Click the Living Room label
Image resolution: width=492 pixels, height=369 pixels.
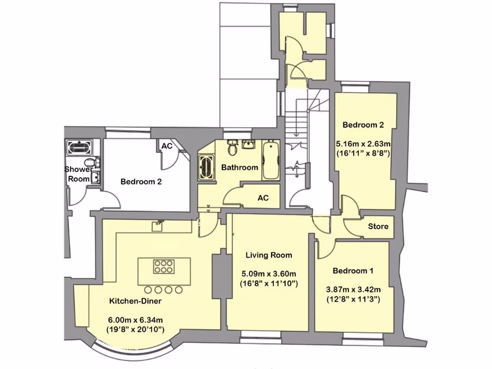[x=269, y=255]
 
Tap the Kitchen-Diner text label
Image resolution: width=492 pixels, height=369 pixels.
[x=135, y=301]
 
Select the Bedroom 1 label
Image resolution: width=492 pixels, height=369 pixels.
[x=353, y=271]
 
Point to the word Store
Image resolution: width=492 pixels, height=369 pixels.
[x=378, y=226]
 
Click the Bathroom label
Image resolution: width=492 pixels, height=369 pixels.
[x=239, y=168]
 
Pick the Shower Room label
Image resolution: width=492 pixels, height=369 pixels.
[x=78, y=174]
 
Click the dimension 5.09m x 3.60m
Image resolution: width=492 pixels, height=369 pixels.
[x=269, y=274]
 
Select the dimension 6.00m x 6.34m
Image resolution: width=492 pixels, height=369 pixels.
[x=135, y=320]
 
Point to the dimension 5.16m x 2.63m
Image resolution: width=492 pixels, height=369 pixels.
[x=363, y=144]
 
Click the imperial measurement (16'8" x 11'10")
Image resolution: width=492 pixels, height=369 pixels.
[x=269, y=283]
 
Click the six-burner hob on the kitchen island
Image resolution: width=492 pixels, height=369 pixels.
[x=163, y=267]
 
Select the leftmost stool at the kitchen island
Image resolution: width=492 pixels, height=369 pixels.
[x=148, y=290]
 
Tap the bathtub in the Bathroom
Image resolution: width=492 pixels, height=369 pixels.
[x=271, y=160]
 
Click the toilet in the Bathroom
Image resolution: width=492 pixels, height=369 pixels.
[x=233, y=148]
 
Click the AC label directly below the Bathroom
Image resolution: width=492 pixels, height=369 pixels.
[x=263, y=198]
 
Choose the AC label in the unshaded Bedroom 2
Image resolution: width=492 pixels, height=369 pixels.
[x=167, y=146]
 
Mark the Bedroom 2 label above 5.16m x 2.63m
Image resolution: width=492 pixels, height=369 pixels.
[x=363, y=125]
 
